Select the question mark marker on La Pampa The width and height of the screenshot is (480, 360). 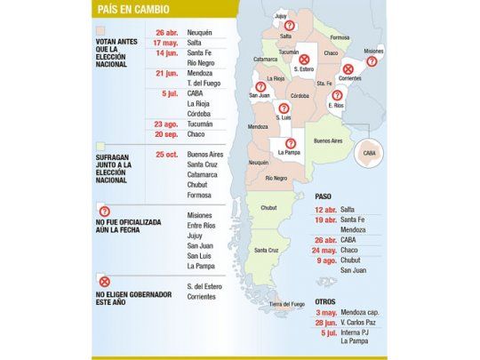coord(289,142)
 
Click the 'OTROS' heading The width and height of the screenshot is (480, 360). coord(327,301)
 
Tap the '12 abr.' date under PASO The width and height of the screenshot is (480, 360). coord(324,208)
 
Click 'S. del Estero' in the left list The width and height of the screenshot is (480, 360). coord(206,285)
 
